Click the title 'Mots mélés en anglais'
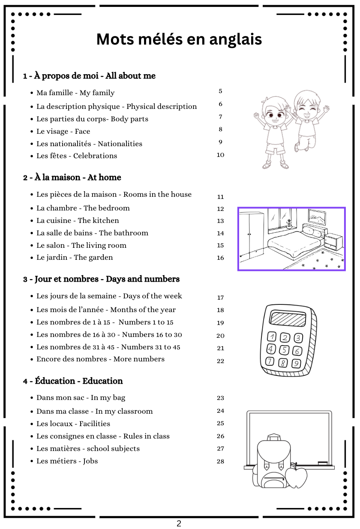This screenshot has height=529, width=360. (179, 39)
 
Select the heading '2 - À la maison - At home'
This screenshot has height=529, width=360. (72, 177)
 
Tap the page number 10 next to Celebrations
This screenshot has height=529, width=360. (220, 155)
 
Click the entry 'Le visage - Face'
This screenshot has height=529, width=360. (63, 131)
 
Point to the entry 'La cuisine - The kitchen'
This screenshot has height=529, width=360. (78, 220)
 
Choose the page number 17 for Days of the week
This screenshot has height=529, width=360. (220, 298)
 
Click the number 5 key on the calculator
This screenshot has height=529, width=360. (284, 350)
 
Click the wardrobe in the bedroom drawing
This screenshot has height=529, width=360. (251, 236)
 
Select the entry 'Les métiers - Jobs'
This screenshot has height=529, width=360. (67, 461)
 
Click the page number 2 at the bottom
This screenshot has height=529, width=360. (179, 523)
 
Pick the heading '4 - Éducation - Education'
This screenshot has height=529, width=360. (73, 381)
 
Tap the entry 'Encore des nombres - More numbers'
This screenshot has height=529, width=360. (100, 359)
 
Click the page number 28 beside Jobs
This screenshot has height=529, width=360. (220, 461)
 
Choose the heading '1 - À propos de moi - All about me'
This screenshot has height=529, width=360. (89, 76)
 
